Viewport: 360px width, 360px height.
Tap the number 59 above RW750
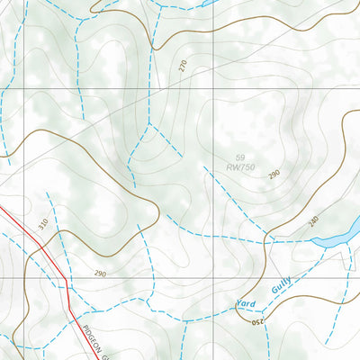click(239, 157)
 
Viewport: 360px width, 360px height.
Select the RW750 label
click(240, 167)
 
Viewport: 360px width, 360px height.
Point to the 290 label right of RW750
click(273, 174)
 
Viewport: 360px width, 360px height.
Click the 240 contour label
click(313, 220)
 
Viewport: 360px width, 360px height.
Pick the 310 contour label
click(41, 221)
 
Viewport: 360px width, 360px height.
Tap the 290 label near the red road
click(99, 273)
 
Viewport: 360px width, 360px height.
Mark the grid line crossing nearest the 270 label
click(213, 92)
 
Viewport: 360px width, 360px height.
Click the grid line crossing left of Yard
click(213, 278)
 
